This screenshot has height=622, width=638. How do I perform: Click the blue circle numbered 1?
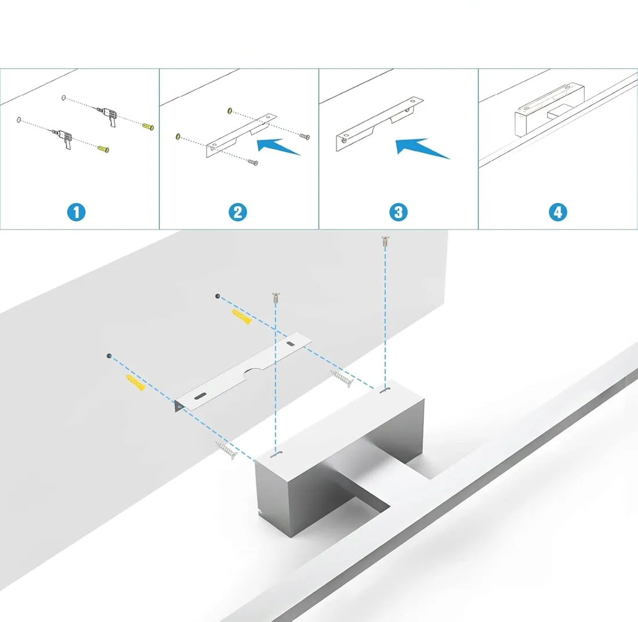(76, 212)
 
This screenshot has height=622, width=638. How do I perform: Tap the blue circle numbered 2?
(237, 212)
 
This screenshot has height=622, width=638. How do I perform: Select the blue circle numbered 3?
(398, 212)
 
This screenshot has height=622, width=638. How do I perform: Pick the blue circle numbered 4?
(557, 212)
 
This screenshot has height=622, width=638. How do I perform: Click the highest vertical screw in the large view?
(384, 242)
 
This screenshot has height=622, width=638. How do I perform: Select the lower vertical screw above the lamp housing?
(275, 300)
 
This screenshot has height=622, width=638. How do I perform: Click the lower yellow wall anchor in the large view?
(135, 382)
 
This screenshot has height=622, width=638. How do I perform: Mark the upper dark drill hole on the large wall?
(217, 296)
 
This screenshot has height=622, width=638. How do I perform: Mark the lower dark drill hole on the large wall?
(108, 355)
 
